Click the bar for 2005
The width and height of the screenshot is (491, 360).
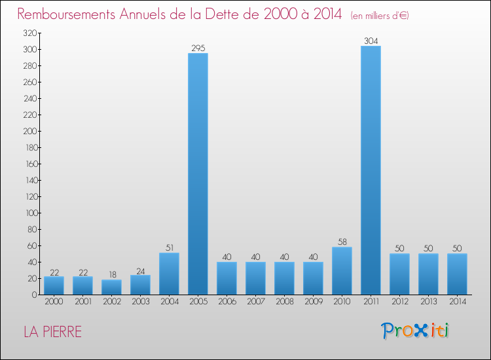[198, 173]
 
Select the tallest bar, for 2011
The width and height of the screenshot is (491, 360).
[371, 170]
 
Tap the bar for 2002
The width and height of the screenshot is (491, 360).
[111, 287]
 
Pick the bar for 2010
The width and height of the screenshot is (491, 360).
[342, 271]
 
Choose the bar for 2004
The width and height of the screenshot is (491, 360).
[169, 274]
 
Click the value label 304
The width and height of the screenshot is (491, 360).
[371, 41]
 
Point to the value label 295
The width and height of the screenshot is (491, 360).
[198, 48]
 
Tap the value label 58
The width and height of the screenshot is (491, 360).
[342, 242]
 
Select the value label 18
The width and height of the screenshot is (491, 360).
[111, 275]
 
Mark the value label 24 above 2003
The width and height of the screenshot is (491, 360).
[140, 270]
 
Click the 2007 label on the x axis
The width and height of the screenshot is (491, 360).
[255, 302]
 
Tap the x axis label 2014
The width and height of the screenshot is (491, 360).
[457, 302]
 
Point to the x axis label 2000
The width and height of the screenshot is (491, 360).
[54, 302]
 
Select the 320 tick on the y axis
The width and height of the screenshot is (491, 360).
[29, 33]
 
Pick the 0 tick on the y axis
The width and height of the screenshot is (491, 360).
[33, 295]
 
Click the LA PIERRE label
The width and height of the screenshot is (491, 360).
[53, 332]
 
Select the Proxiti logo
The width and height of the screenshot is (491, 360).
[416, 331]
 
